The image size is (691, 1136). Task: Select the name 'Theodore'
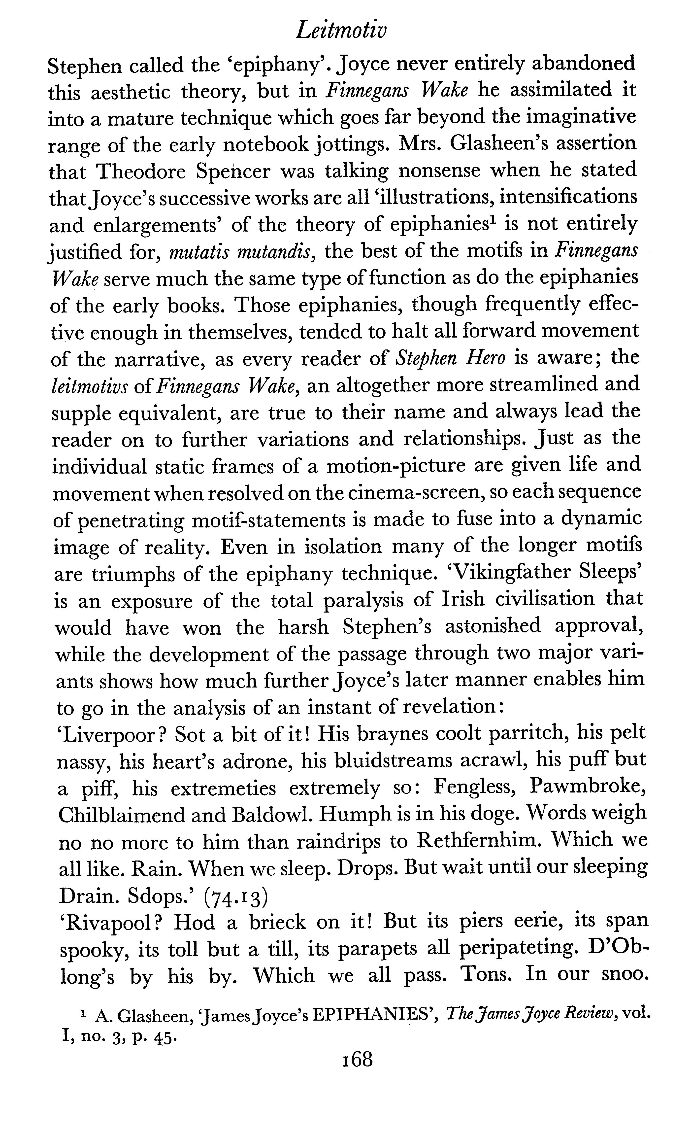point(142,172)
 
